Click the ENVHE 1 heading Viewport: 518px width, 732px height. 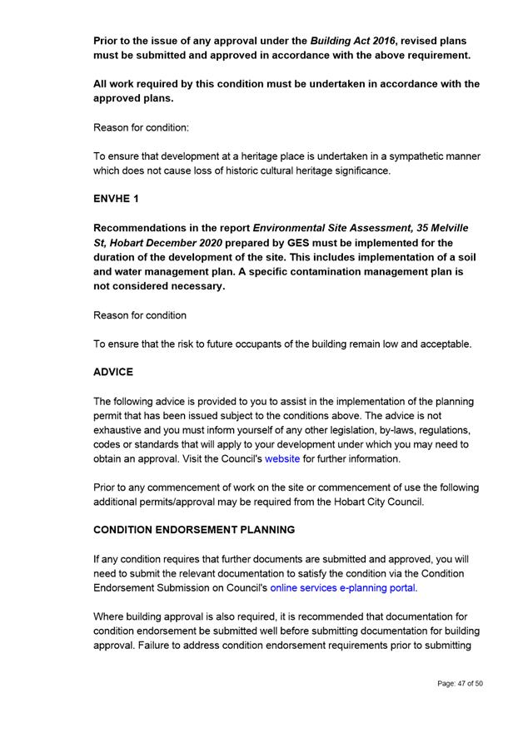tap(116, 200)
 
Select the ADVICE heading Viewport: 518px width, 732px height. tap(112, 372)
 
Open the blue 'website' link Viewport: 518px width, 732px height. tap(281, 458)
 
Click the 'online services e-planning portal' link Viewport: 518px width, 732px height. tap(343, 587)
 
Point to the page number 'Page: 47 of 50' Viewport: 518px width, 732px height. tap(460, 684)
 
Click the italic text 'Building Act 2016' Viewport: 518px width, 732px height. tap(353, 41)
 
